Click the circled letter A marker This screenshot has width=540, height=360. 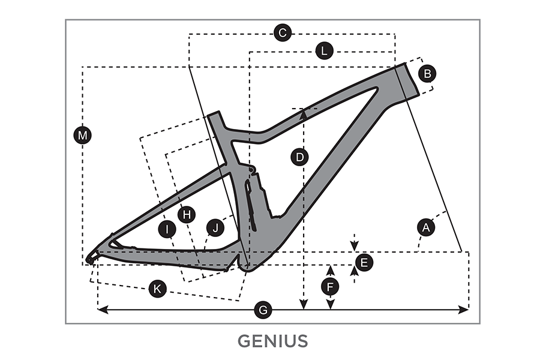click(426, 227)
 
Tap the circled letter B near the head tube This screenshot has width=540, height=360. click(427, 74)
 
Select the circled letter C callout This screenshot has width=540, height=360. click(282, 32)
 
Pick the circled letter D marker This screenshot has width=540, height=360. click(299, 157)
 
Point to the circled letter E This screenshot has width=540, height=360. click(364, 262)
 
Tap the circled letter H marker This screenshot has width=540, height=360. click(187, 214)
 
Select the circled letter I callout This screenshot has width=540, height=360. click(167, 228)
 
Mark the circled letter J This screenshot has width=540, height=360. click(214, 227)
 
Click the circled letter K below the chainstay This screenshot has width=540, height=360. click(157, 289)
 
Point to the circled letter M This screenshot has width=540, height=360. click(83, 136)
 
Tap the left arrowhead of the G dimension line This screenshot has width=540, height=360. click(101, 310)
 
